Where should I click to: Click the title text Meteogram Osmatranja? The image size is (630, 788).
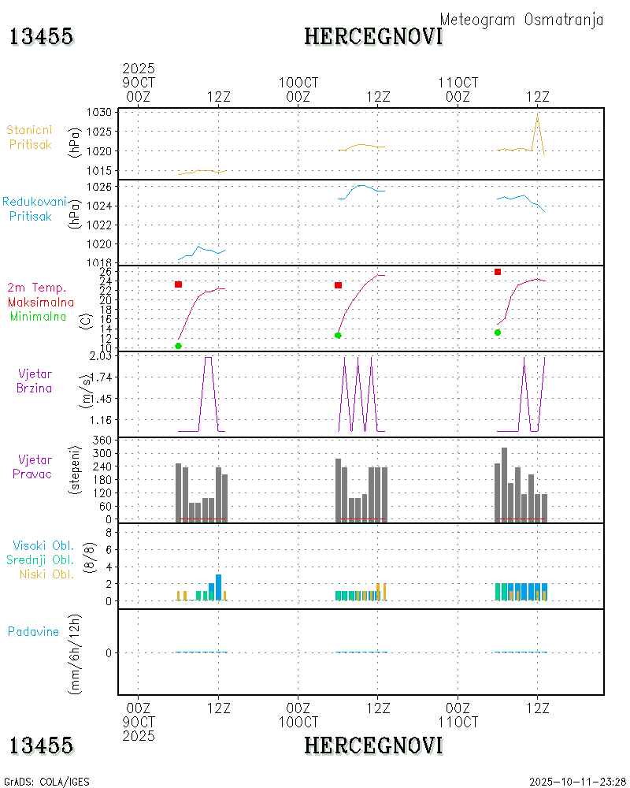[521, 20]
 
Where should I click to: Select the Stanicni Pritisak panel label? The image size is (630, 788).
[31, 137]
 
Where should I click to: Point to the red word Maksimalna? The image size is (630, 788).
[41, 302]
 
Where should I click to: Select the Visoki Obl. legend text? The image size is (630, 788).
[43, 545]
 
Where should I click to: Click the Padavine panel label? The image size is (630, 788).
[33, 631]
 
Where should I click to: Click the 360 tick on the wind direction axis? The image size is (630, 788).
[102, 439]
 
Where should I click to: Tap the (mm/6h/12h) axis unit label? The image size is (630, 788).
[76, 652]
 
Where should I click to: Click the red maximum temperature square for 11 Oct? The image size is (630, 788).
[498, 272]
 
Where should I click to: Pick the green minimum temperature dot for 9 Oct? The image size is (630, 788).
[179, 346]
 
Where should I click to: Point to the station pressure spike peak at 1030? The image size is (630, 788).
[537, 113]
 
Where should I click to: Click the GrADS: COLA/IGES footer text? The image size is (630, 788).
[46, 782]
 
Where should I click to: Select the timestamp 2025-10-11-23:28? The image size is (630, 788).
[576, 782]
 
